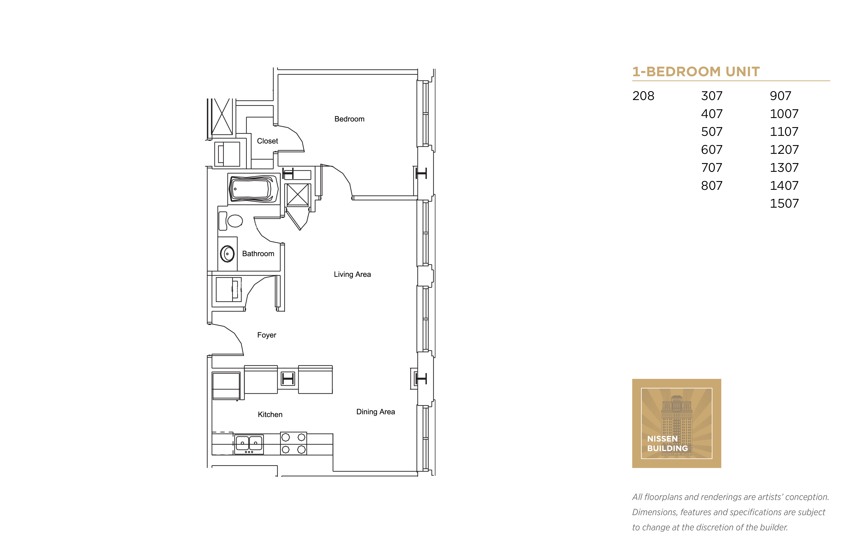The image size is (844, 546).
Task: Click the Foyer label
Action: [266, 335]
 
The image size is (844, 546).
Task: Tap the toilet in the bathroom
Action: [232, 221]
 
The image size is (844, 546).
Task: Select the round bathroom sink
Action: [227, 254]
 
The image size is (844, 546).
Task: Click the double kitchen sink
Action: [249, 443]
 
